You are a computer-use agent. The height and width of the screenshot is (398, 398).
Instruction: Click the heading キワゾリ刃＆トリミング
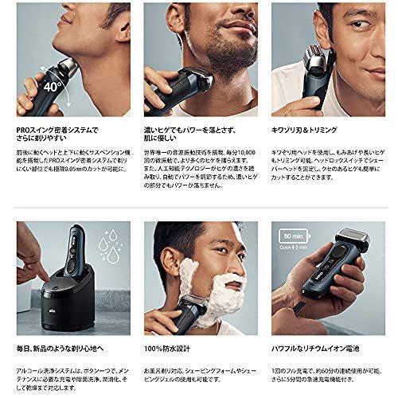point(305,128)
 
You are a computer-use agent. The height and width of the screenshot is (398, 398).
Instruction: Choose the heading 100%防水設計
point(170,349)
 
